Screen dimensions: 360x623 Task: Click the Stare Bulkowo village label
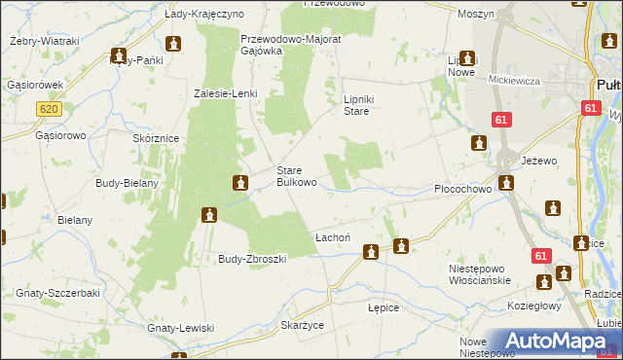click(297, 175)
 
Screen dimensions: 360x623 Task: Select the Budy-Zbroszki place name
click(251, 259)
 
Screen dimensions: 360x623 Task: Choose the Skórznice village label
click(155, 139)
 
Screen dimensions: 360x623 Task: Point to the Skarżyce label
click(301, 324)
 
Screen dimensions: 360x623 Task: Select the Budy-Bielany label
click(128, 182)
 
